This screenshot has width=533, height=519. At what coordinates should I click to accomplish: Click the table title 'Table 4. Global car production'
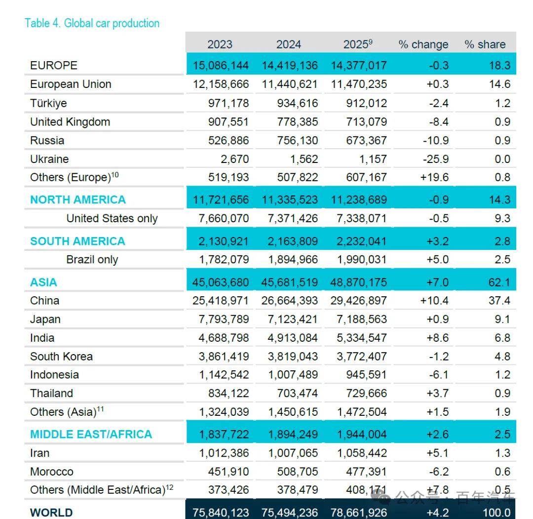pyautogui.click(x=92, y=23)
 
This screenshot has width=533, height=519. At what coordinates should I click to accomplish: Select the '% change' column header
pyautogui.click(x=423, y=44)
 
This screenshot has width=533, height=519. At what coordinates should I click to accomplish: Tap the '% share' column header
pyautogui.click(x=485, y=44)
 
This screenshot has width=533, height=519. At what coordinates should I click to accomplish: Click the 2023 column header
pyautogui.click(x=220, y=44)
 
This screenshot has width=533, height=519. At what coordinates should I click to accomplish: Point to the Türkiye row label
pyautogui.click(x=48, y=103)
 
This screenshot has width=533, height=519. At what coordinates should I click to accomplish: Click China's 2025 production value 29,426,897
pyautogui.click(x=358, y=301)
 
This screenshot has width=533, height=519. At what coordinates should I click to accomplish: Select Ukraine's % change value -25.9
pyautogui.click(x=435, y=159)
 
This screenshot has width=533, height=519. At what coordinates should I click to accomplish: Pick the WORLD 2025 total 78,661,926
pyautogui.click(x=358, y=513)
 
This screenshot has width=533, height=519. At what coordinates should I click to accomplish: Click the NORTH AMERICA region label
pyautogui.click(x=78, y=200)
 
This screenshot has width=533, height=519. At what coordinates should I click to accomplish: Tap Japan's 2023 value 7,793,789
pyautogui.click(x=224, y=319)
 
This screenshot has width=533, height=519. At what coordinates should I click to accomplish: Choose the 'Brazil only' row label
pyautogui.click(x=92, y=260)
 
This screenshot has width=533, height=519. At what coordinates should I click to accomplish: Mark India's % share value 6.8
pyautogui.click(x=502, y=338)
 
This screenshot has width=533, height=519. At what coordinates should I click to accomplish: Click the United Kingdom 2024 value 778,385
pyautogui.click(x=298, y=122)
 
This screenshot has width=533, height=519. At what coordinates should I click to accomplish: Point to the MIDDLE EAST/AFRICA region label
pyautogui.click(x=91, y=435)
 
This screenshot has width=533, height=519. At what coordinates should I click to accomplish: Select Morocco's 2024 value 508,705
pyautogui.click(x=298, y=472)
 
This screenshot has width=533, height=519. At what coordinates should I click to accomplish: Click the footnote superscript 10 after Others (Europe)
pyautogui.click(x=115, y=175)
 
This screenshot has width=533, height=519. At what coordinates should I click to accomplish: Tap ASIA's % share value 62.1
pyautogui.click(x=499, y=282)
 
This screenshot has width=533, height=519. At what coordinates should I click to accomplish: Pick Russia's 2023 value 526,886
pyautogui.click(x=228, y=140)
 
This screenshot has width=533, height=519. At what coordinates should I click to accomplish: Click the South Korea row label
pyautogui.click(x=61, y=357)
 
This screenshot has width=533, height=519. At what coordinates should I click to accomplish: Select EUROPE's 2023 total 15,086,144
pyautogui.click(x=221, y=65)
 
